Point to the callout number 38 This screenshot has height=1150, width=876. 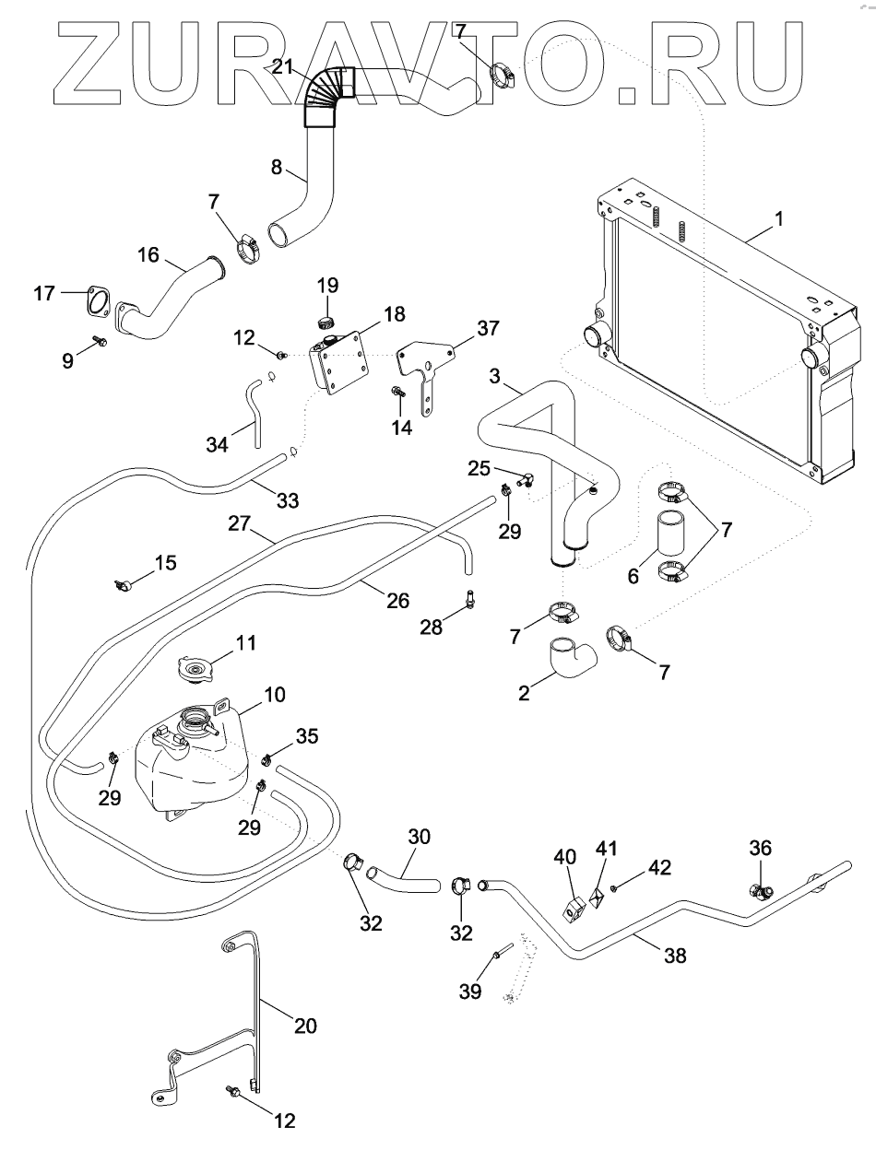(676, 956)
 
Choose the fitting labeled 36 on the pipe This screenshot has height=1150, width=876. (761, 892)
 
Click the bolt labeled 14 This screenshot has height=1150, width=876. (398, 393)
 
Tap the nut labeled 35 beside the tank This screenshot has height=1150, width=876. (266, 760)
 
